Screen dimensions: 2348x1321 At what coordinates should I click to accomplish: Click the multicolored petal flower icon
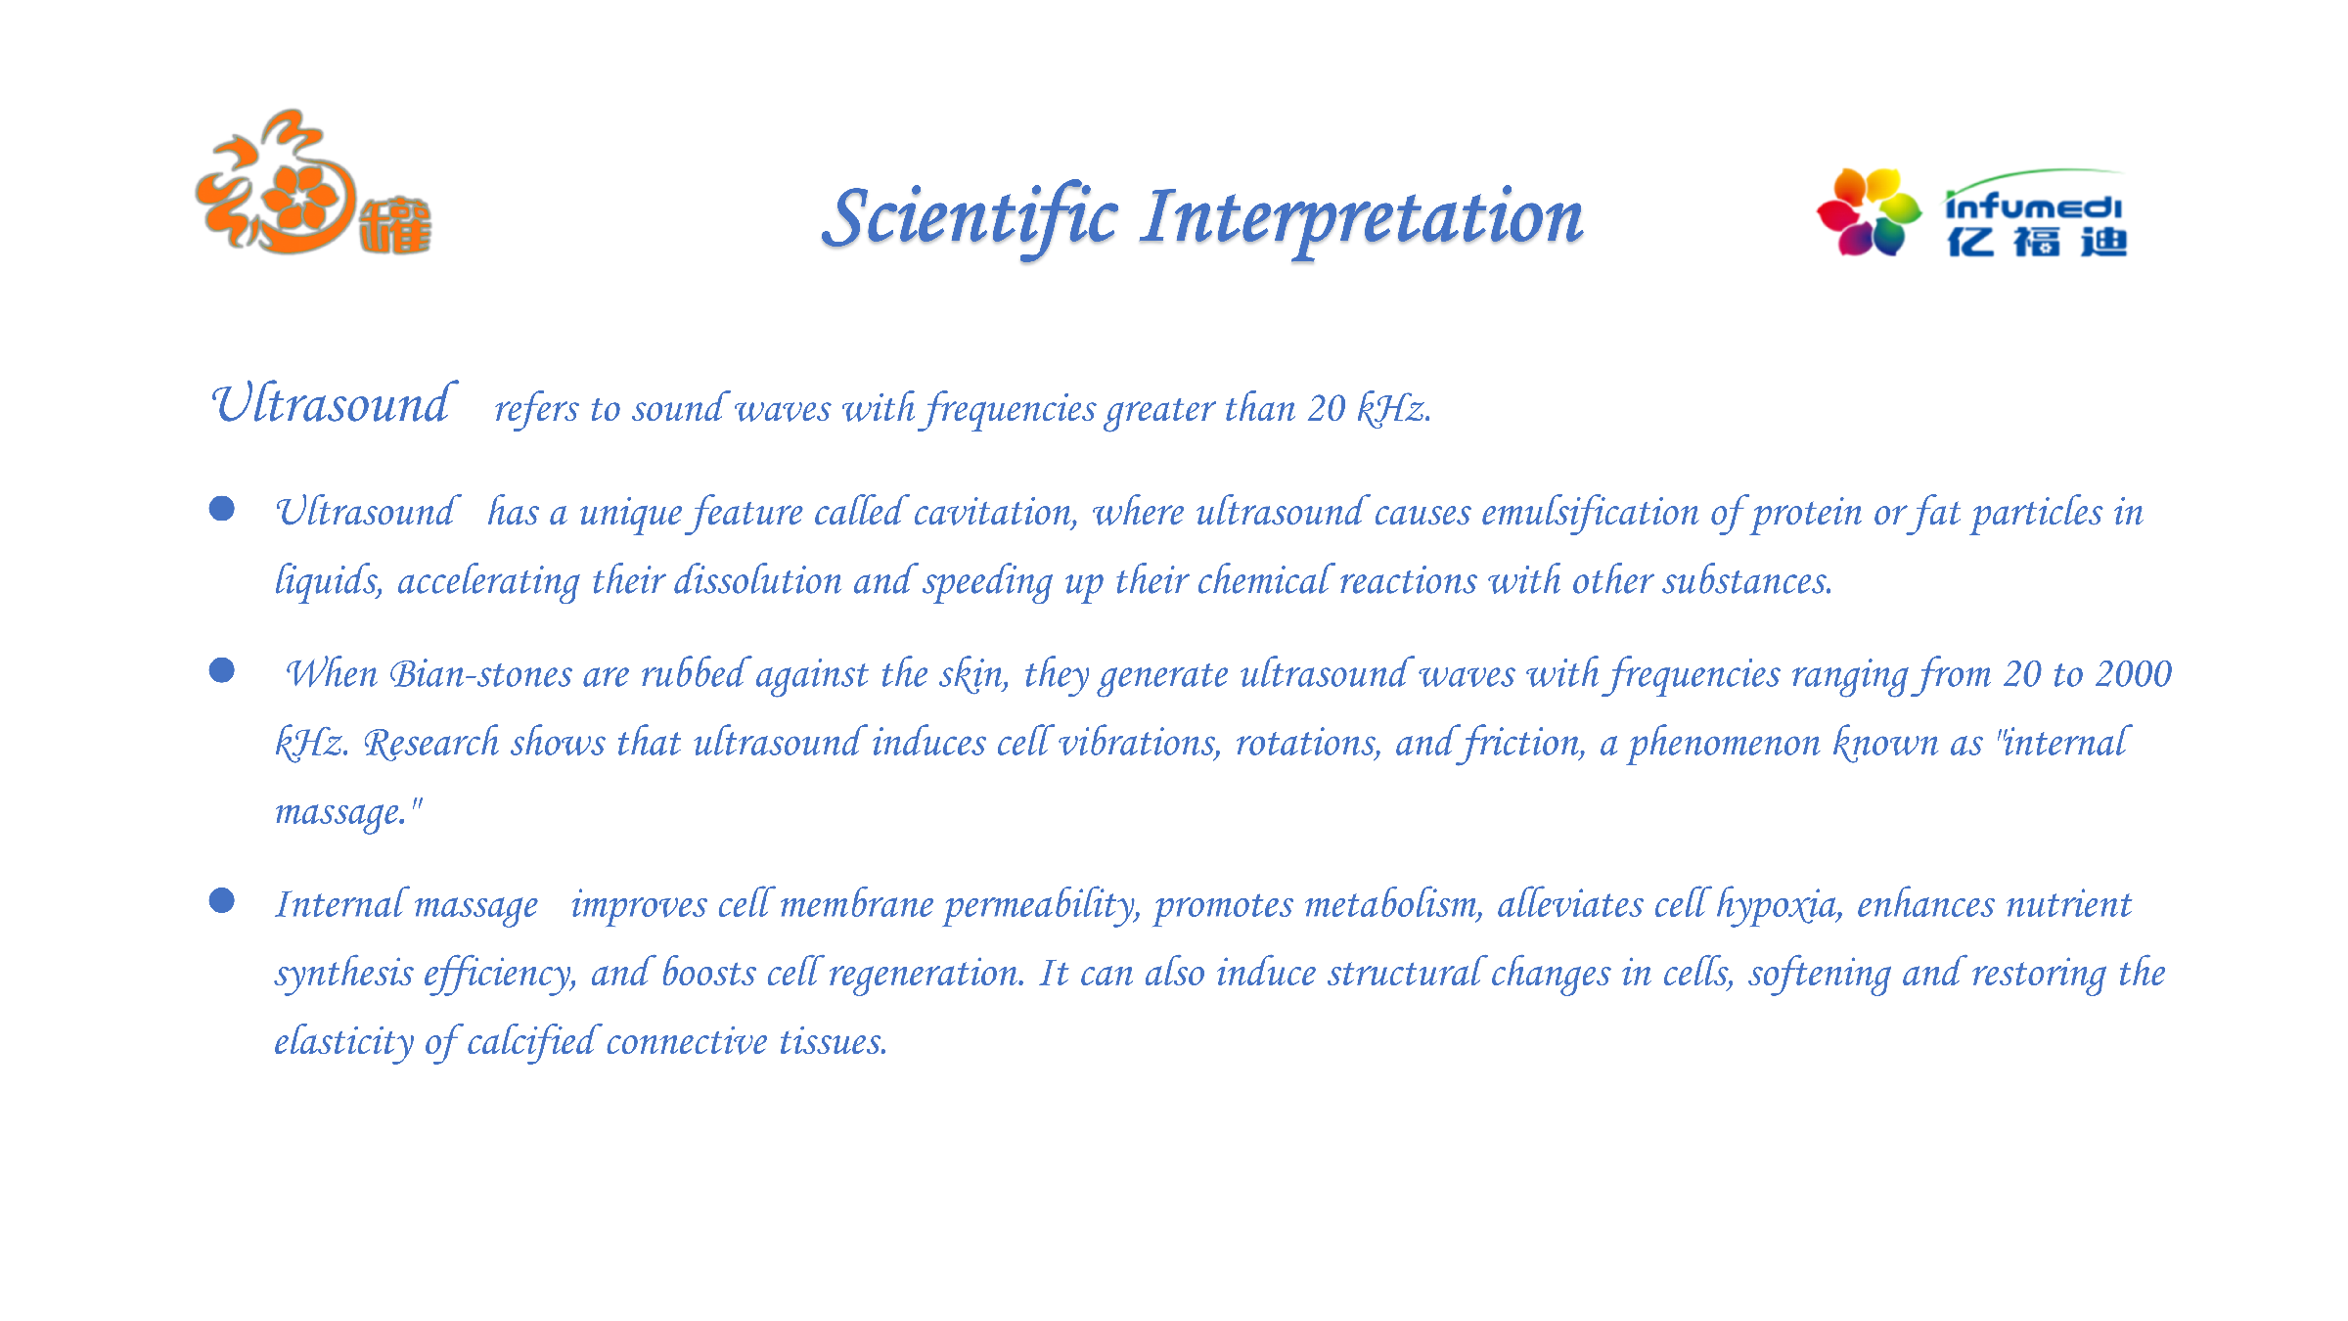1869,212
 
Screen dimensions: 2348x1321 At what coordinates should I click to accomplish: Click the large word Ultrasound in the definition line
333,404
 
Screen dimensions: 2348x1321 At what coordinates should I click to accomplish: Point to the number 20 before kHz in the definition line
1327,408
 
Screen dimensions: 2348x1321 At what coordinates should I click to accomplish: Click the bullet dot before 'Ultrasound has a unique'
222,509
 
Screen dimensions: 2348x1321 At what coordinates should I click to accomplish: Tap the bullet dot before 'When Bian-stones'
222,670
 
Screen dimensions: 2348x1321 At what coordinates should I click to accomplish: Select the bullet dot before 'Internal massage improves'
222,900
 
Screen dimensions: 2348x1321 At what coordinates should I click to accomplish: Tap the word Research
431,743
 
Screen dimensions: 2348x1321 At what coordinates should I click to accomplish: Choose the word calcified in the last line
531,1041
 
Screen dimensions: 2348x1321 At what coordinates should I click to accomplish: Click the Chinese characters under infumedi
2037,242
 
